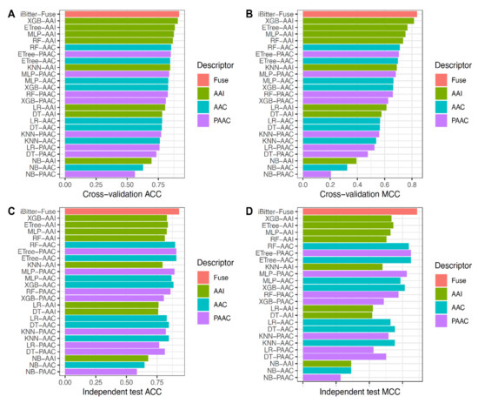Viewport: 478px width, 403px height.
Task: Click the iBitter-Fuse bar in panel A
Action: (x=122, y=14)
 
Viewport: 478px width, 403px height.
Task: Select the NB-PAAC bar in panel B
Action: (x=316, y=174)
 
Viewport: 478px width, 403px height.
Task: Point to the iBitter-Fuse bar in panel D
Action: (x=360, y=211)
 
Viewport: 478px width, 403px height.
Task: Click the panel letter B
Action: (x=250, y=12)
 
